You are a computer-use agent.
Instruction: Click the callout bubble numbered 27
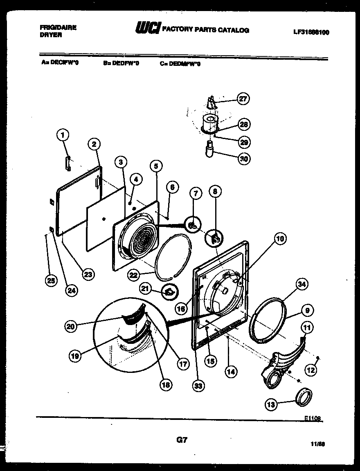[x=244, y=99]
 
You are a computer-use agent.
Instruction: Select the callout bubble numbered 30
[x=244, y=159]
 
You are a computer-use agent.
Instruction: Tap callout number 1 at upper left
[x=63, y=135]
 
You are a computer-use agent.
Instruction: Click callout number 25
[x=51, y=280]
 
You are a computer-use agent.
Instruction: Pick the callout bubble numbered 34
[x=302, y=284]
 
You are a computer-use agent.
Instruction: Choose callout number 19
[x=75, y=356]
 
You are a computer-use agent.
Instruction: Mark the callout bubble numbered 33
[x=199, y=385]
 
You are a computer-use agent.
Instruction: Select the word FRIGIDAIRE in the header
[x=59, y=27]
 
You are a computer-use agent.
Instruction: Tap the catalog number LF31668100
[x=311, y=32]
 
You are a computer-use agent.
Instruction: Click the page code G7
[x=182, y=440]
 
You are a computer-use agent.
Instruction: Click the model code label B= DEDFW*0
[x=121, y=63]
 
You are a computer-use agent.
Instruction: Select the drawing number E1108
[x=313, y=419]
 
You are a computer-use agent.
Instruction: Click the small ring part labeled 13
[x=304, y=397]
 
